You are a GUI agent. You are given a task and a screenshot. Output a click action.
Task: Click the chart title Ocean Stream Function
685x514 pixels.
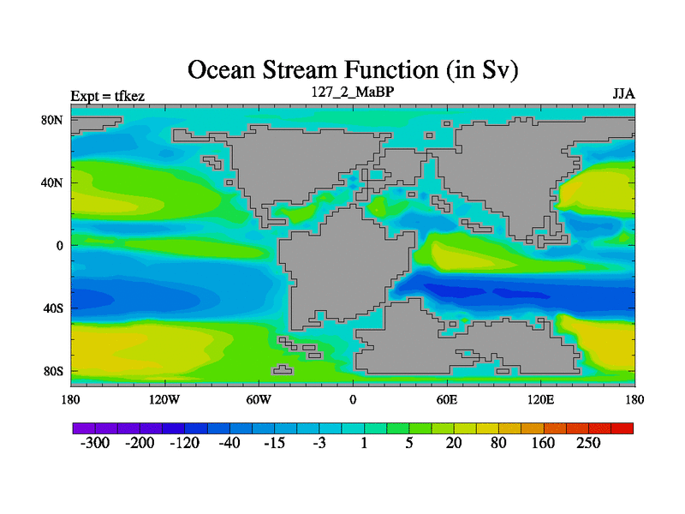353,70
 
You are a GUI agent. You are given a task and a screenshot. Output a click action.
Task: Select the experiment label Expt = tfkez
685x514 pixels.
108,96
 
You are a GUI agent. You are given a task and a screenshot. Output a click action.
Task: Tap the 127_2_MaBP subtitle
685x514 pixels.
353,92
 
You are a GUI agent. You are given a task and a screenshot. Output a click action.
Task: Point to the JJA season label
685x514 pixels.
623,94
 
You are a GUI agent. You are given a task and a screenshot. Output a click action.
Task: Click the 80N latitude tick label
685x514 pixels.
52,120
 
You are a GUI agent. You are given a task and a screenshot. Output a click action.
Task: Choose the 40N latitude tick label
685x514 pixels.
52,182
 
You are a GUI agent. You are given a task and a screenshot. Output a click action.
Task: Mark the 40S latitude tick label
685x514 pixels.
53,308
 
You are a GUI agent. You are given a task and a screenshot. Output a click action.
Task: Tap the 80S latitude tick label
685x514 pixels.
53,372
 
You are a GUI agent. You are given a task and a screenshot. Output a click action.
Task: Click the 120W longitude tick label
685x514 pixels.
164,399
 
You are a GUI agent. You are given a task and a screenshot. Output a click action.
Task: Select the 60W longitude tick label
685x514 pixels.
259,399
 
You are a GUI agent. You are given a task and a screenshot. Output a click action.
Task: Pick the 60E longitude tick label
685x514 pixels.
447,399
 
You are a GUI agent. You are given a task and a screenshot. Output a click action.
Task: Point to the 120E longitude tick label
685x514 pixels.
541,399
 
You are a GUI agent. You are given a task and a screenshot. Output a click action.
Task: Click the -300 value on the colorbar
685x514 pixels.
95,443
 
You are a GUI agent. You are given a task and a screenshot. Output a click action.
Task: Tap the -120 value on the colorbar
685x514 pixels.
184,443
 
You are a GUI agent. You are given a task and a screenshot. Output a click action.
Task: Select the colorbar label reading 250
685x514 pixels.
588,443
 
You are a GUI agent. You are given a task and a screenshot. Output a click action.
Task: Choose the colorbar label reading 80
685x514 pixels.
498,443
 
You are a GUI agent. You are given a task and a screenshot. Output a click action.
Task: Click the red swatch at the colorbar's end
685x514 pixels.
622,428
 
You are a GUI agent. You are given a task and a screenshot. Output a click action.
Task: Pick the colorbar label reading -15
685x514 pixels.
274,443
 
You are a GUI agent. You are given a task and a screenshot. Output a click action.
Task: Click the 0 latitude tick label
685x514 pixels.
59,246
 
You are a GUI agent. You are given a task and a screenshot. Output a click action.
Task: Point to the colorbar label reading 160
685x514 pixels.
543,443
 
